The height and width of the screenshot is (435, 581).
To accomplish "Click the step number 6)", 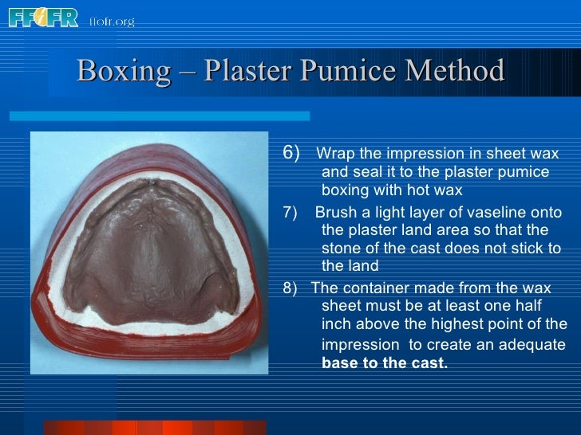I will click(x=292, y=152).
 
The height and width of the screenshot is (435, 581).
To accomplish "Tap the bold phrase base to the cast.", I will click(x=385, y=364).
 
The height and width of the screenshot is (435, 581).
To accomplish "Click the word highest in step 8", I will click(x=460, y=323).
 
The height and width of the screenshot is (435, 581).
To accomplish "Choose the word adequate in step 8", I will click(x=534, y=345).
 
